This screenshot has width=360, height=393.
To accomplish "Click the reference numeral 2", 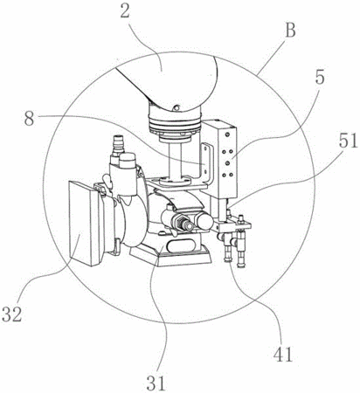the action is click(125, 10).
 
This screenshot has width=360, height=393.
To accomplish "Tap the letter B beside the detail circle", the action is click(290, 31).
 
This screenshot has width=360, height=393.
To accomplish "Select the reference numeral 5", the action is click(320, 77).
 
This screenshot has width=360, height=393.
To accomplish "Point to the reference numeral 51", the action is click(348, 141).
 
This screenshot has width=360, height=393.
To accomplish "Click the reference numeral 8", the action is click(29, 119).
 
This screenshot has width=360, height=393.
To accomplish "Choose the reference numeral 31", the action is click(156, 383).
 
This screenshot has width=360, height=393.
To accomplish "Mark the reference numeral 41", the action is click(282, 354).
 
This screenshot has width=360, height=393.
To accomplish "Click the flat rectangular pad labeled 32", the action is click(81, 224).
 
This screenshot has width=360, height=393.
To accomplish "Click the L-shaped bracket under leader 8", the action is click(205, 164).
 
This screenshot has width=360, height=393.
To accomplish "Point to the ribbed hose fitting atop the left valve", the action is click(118, 144).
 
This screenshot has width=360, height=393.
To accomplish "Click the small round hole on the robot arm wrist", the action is click(175, 108).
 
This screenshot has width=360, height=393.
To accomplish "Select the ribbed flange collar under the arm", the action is click(175, 124).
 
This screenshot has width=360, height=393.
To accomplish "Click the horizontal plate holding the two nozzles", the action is click(233, 225).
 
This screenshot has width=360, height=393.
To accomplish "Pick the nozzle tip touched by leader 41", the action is click(228, 258).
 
